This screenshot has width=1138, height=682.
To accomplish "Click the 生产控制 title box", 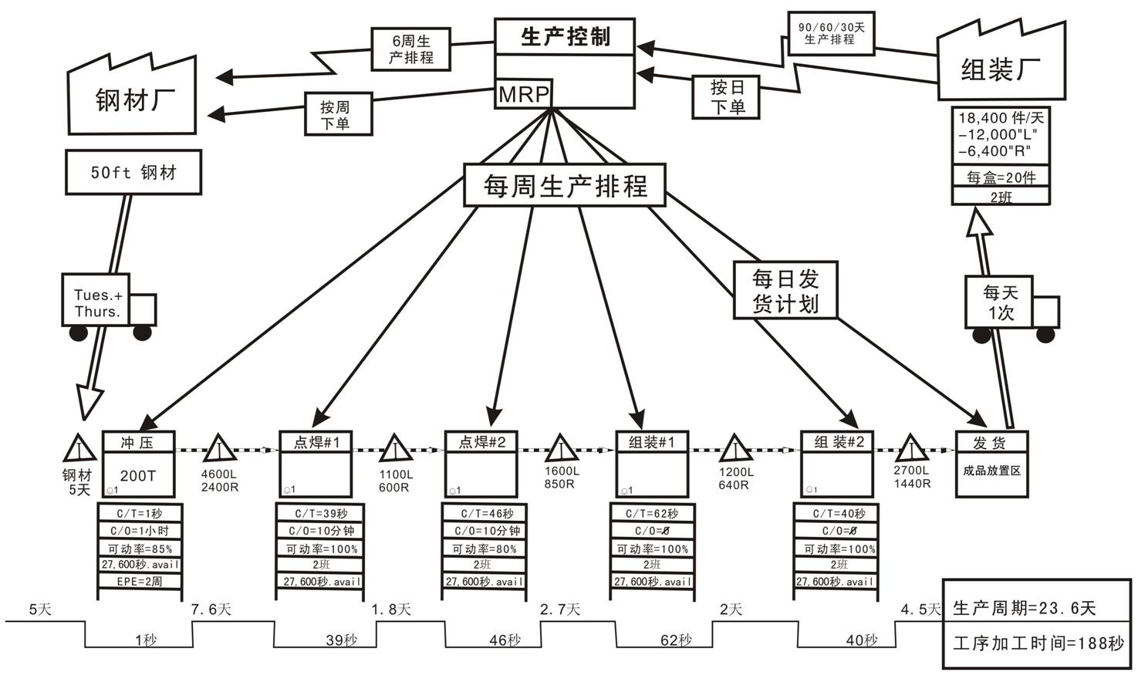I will point(565,36).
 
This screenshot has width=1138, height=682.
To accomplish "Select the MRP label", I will point(523,94).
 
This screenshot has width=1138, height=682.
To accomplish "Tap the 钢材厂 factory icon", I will point(133,96).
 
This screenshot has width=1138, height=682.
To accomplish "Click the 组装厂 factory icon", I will point(1001,69).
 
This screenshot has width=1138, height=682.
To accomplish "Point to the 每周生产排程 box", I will point(564,185).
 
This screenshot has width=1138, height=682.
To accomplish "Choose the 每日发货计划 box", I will point(785,290).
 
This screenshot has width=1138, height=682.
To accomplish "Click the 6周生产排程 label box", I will point(410,49).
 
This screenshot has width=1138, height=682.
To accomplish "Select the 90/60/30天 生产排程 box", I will point(830,33).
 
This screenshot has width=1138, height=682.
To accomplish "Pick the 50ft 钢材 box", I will point(133,172).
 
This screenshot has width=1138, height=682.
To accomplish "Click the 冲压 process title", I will point(138,442).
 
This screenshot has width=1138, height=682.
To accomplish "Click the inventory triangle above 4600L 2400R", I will point(219,449).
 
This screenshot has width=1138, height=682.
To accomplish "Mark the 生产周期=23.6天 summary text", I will point(1025,608).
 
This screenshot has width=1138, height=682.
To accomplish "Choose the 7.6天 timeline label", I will point(211,609).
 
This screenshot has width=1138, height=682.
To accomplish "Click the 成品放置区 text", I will point(991,471).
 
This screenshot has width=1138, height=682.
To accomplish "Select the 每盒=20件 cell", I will point(1001,177).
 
